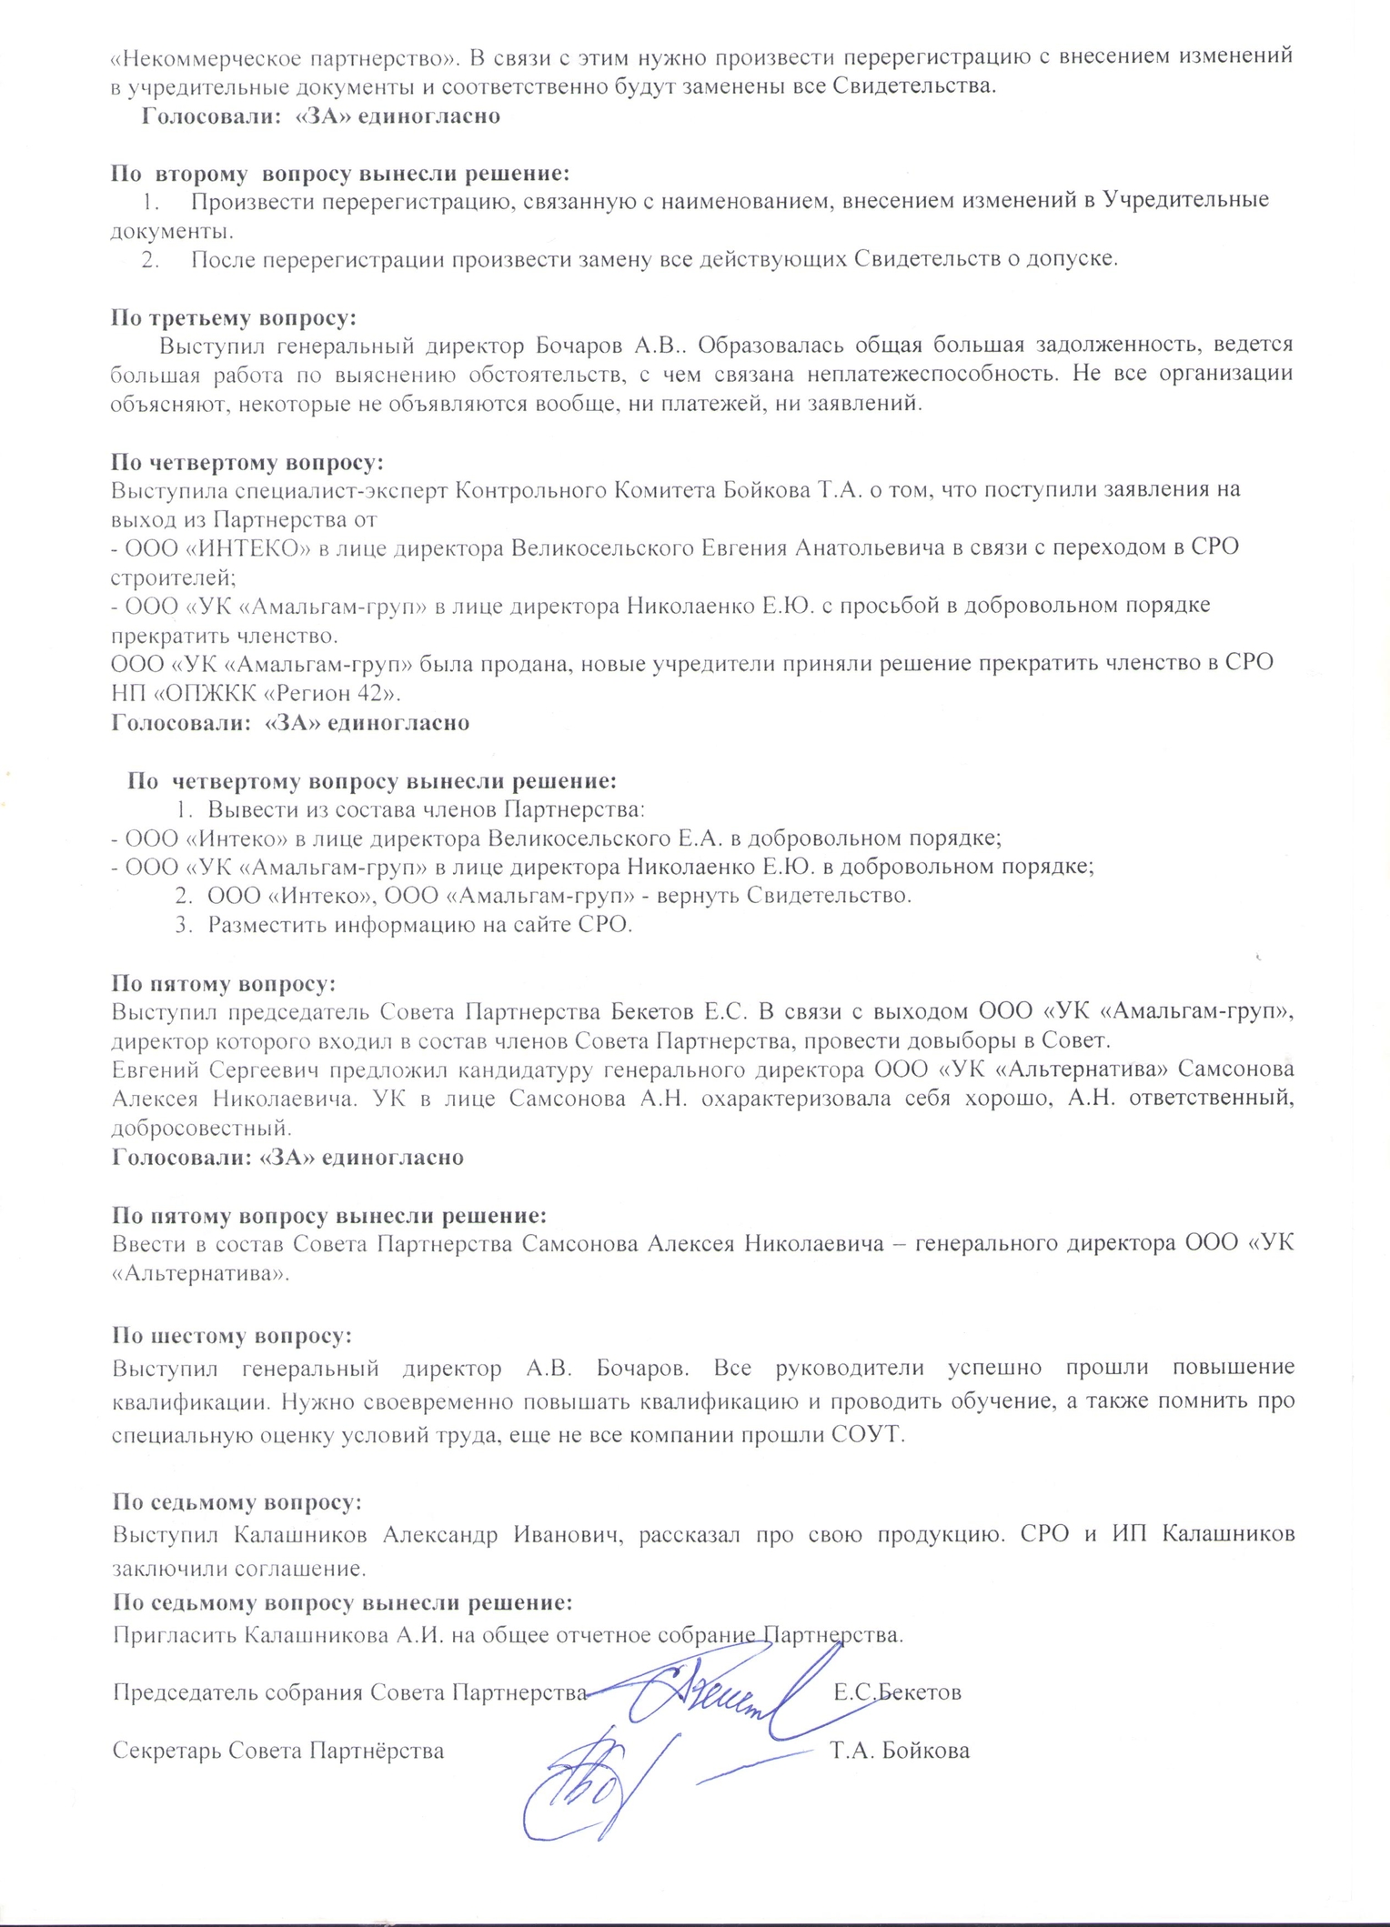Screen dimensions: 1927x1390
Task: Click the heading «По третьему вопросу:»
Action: tap(234, 317)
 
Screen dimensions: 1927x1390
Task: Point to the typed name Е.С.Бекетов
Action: tap(897, 1692)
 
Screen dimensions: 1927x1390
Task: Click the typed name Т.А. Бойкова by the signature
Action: tap(900, 1751)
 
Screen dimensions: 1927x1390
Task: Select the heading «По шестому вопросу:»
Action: tap(232, 1336)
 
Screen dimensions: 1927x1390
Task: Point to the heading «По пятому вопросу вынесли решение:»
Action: tap(329, 1215)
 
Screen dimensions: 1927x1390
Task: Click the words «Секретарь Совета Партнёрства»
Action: tap(278, 1751)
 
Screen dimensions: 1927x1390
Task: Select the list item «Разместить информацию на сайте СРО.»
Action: tap(419, 925)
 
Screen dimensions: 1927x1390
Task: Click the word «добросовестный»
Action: tap(201, 1129)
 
